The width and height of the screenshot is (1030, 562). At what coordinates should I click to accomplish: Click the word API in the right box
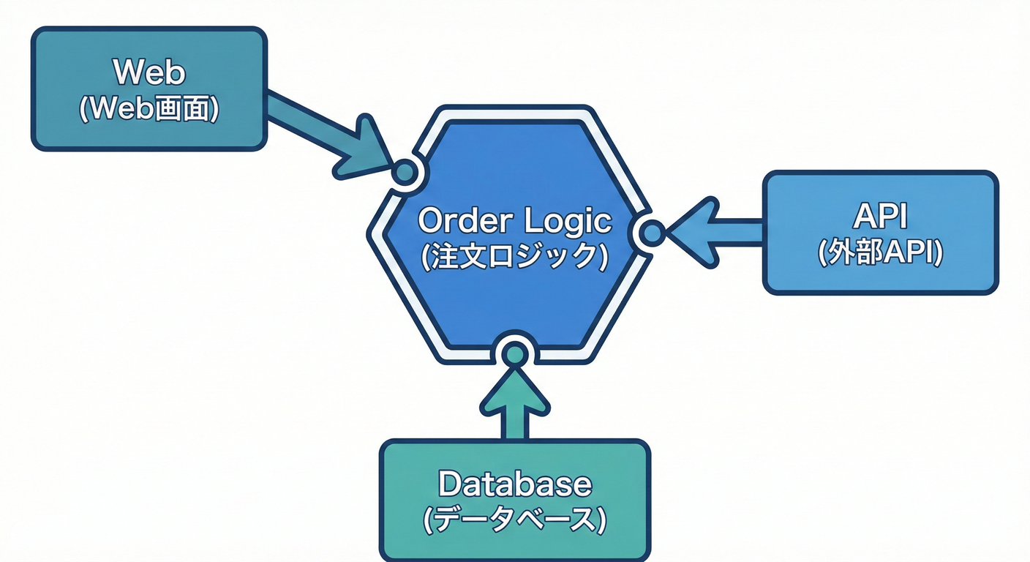point(880,217)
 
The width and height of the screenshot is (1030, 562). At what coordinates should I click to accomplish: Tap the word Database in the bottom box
point(514,484)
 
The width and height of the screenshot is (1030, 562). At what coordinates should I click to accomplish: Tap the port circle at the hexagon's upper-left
point(405,172)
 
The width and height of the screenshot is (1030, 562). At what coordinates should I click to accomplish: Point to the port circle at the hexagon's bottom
point(515,353)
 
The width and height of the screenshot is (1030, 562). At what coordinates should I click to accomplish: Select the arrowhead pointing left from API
point(691,233)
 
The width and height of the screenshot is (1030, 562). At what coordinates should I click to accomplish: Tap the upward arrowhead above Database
point(515,388)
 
